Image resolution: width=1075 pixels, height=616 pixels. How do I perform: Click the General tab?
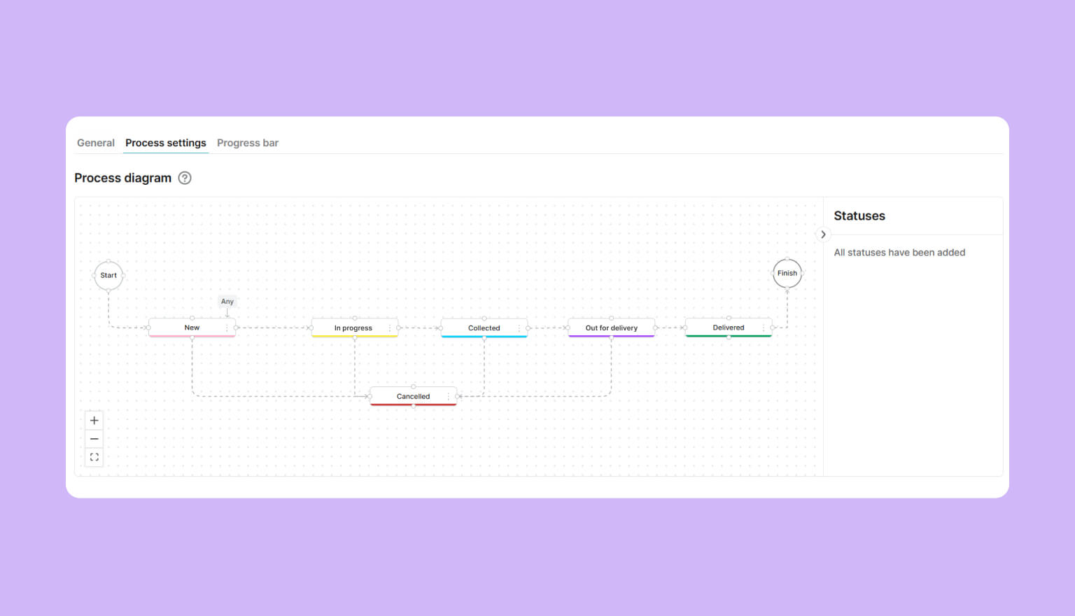tap(95, 143)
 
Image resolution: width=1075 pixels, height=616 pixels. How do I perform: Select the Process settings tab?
tap(166, 143)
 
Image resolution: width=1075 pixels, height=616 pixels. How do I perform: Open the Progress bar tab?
tap(248, 143)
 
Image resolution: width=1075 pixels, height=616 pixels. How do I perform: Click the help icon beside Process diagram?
tap(185, 178)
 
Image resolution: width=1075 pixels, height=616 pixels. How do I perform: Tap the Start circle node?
tap(108, 275)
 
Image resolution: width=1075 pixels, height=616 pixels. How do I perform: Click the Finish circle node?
tap(787, 273)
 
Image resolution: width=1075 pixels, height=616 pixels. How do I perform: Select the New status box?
tap(192, 328)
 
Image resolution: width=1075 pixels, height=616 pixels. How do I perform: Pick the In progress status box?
tap(355, 328)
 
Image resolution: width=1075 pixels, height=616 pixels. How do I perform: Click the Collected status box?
tap(484, 328)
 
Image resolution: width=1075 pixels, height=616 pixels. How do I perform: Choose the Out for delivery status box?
tap(612, 328)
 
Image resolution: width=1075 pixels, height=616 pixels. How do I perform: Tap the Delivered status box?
tap(729, 328)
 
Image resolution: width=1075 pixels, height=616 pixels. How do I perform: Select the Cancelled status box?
tap(413, 396)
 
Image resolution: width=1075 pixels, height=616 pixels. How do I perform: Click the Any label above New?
tap(227, 302)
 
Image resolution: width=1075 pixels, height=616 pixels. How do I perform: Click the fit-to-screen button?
tap(94, 457)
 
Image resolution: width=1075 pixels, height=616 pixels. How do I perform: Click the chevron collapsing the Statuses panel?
tap(823, 234)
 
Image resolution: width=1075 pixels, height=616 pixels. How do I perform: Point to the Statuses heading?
tap(859, 216)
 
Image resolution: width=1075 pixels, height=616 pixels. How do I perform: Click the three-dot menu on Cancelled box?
tap(448, 396)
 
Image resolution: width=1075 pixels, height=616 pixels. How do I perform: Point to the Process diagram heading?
tap(123, 178)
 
